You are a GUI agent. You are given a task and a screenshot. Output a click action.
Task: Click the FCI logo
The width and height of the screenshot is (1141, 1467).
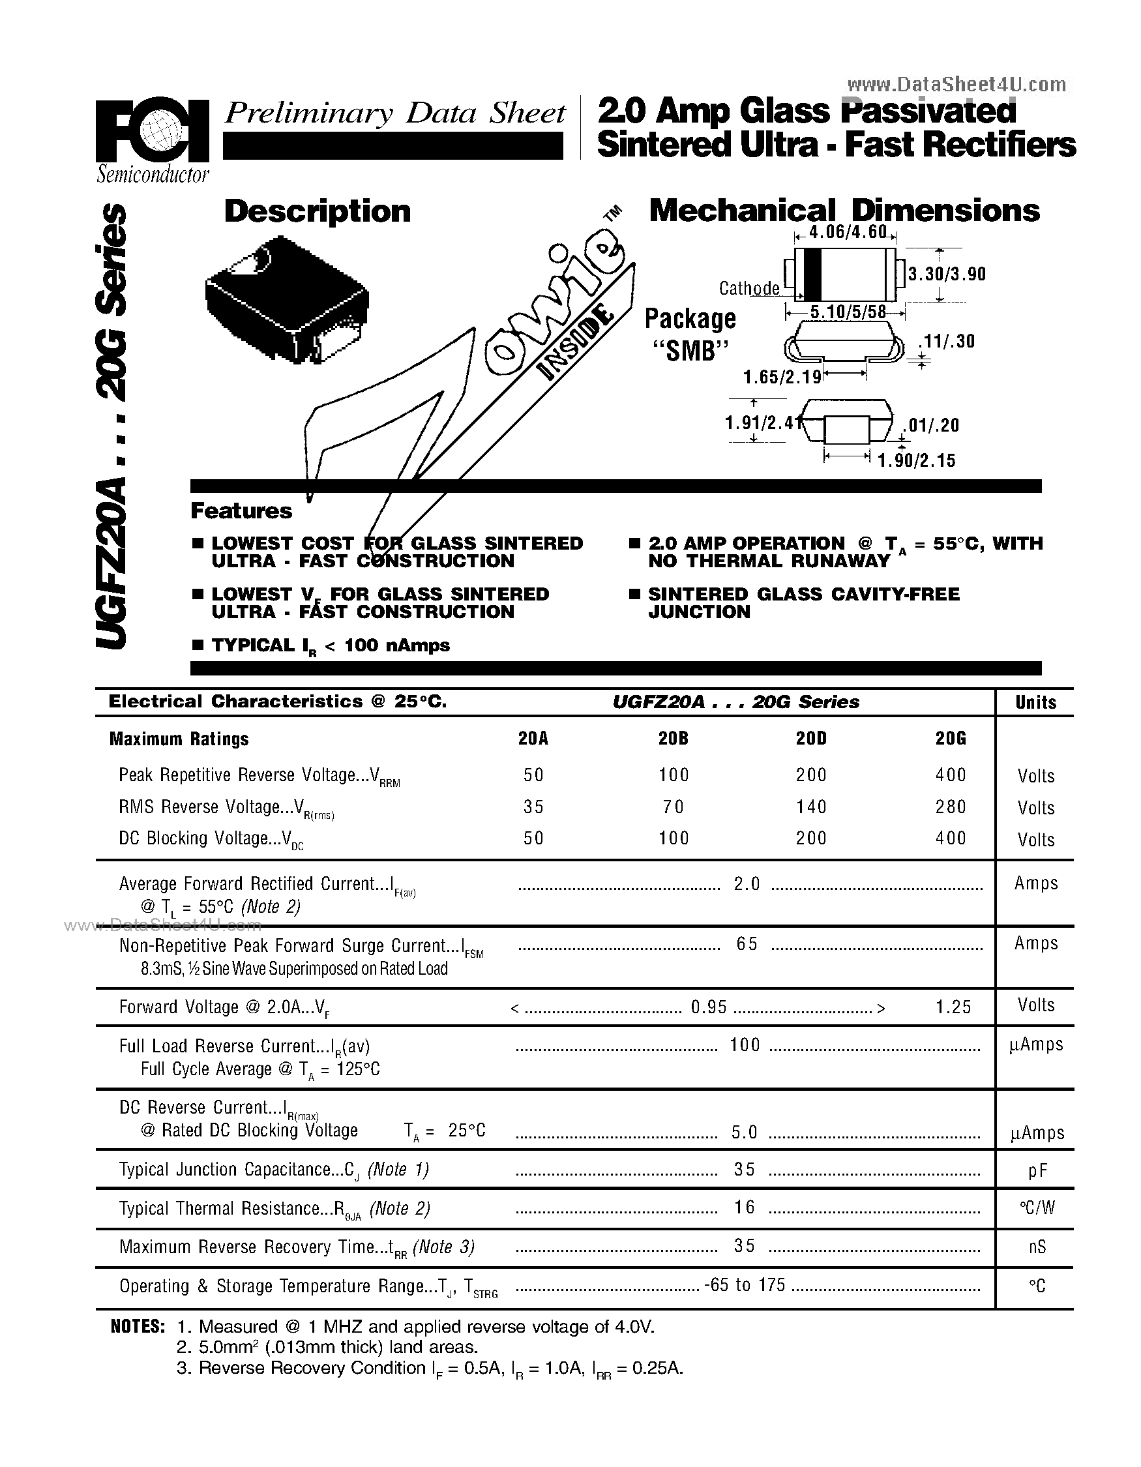[152, 133]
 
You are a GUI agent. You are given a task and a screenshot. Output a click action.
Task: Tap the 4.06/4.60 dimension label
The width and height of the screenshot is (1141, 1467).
[845, 233]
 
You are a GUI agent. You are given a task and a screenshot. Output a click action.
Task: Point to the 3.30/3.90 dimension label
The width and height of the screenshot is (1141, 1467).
[947, 274]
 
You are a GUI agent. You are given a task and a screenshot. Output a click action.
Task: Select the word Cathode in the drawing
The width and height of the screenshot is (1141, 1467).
[748, 289]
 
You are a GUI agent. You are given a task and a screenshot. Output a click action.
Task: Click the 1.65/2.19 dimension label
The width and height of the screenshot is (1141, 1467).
[782, 378]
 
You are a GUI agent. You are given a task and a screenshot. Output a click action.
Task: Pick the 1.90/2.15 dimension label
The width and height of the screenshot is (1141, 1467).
[916, 461]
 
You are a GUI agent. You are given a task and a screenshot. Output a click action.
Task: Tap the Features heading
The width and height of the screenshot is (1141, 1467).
[241, 511]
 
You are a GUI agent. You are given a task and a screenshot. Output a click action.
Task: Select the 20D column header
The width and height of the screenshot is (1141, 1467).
[810, 739]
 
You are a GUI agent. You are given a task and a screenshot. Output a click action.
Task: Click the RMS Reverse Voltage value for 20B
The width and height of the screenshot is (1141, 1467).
[673, 807]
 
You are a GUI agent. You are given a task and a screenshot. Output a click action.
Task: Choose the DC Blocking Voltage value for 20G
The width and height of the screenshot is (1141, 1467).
[950, 838]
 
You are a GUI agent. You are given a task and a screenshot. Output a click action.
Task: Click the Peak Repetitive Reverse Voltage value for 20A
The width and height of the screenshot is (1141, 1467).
[533, 775]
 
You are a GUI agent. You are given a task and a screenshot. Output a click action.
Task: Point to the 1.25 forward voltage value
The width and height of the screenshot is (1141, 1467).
[953, 1006]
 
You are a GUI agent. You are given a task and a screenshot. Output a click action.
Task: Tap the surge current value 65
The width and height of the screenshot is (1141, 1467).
[747, 944]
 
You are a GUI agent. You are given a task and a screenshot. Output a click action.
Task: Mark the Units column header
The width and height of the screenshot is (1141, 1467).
[1035, 703]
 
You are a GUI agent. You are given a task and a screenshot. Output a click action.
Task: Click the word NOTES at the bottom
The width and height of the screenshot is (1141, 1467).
[137, 1327]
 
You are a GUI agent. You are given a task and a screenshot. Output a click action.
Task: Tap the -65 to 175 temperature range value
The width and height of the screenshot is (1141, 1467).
[745, 1285]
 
